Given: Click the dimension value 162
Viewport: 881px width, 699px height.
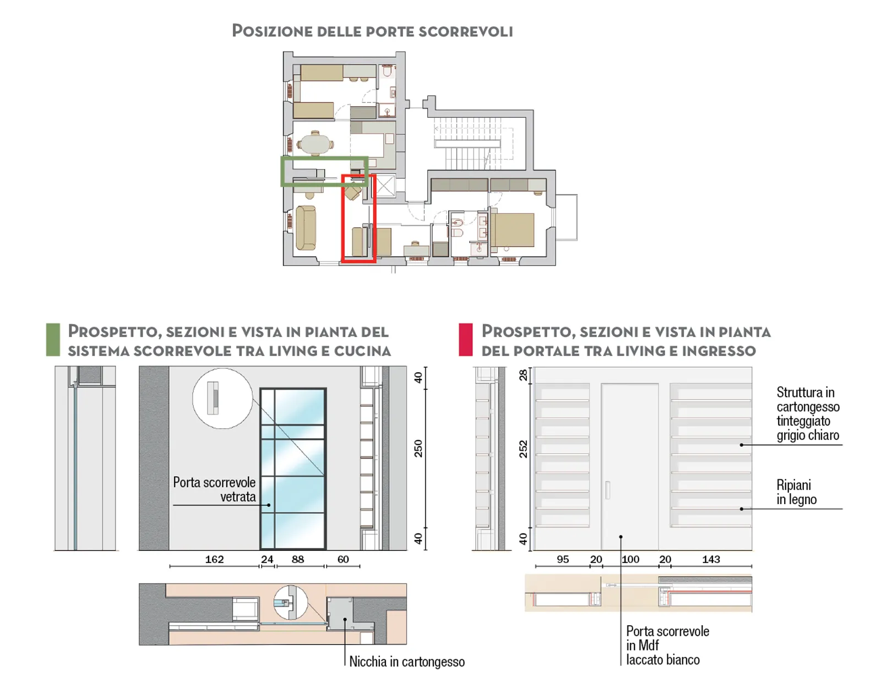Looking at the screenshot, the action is (214, 559).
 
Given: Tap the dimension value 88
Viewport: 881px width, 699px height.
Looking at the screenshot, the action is (298, 559).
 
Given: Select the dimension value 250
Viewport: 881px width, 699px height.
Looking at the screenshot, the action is (418, 449).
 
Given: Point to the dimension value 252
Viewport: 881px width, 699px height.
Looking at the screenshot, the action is (523, 449).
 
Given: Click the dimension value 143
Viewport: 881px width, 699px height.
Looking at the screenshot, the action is (711, 559).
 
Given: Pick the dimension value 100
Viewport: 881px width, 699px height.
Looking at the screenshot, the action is (630, 559).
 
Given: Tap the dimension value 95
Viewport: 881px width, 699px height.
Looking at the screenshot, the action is (563, 559).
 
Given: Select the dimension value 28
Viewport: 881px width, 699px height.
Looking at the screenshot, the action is (523, 375).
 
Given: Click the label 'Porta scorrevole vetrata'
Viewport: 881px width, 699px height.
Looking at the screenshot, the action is (214, 489).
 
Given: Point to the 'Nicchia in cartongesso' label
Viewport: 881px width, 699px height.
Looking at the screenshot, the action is (407, 662).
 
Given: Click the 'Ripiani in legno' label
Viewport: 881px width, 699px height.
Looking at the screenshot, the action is (796, 493).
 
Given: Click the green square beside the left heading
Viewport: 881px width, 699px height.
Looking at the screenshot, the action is (53, 340).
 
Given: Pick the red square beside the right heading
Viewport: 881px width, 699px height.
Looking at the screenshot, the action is (465, 340).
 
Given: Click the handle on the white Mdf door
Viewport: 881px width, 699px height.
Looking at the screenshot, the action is (607, 490).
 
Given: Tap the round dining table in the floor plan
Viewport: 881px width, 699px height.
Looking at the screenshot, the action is (315, 144).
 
